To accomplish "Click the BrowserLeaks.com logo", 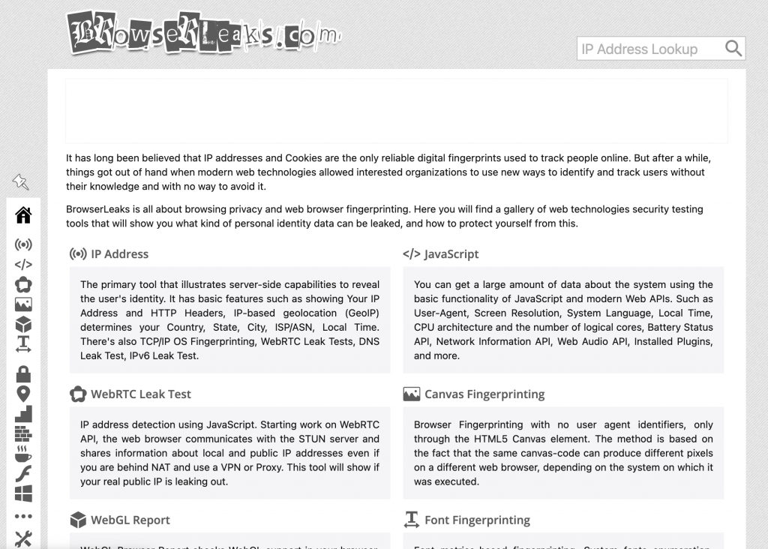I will pos(202,31).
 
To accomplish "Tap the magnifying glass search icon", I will pos(733,49).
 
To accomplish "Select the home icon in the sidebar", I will pos(23,216).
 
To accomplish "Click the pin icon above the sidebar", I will pos(20,181).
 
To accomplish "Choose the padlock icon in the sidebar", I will pos(23,373).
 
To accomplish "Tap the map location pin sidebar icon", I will pos(23,394).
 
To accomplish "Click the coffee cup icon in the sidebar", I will pos(23,454).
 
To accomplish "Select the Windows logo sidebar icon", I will pos(23,493).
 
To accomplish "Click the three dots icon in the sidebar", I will pos(23,516).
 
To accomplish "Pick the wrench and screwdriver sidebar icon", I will pos(23,538).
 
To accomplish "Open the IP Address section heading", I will pos(119,254).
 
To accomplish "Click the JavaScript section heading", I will pos(451,254).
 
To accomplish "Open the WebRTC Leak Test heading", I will pos(141,394).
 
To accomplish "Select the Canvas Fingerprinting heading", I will pos(484,394).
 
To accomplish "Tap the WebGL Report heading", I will pos(130,520).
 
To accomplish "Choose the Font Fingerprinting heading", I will pos(477,520).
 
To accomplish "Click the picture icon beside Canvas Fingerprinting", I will pos(411,394).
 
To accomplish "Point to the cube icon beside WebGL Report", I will pos(77,520).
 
